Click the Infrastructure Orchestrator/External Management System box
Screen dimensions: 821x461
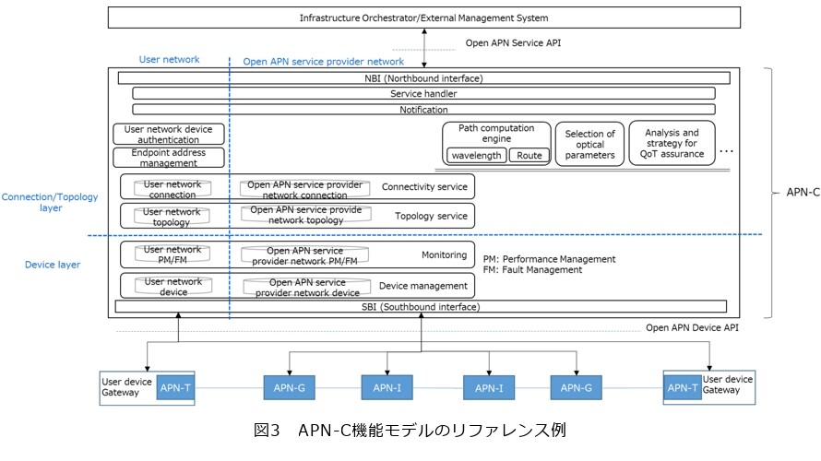(424, 18)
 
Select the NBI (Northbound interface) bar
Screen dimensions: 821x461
(424, 78)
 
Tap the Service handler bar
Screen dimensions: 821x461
(424, 94)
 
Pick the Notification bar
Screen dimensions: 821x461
(424, 110)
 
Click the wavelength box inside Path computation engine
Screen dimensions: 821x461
(477, 156)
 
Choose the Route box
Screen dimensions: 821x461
(529, 156)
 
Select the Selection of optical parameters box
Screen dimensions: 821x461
(589, 145)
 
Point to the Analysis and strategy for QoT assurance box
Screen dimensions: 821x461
(672, 144)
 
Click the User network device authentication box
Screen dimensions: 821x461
(169, 134)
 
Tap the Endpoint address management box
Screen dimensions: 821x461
(169, 158)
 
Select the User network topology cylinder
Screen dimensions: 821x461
(172, 217)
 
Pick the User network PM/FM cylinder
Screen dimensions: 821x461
(173, 254)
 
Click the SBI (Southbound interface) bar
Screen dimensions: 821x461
(421, 307)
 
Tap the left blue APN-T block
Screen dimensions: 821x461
(175, 388)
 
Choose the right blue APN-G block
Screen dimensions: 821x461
(576, 388)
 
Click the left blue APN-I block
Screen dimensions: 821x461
(387, 388)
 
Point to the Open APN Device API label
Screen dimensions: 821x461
(692, 327)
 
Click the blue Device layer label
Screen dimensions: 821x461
(53, 265)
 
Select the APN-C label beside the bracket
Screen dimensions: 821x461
(803, 193)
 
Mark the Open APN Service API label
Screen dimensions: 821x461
(513, 43)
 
